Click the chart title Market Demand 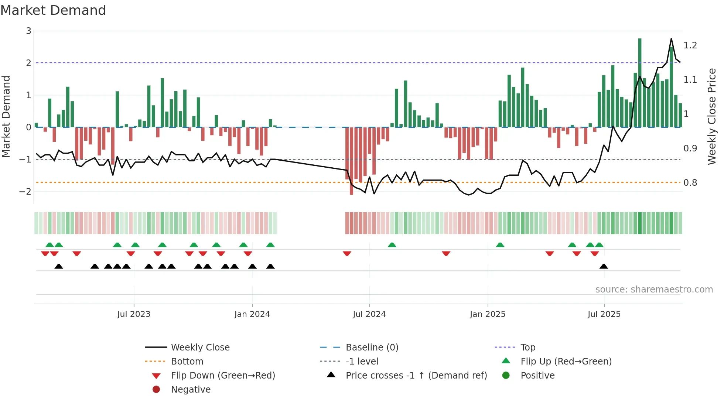[x=53, y=10]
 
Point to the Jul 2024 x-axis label [x=369, y=314]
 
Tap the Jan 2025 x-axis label [x=488, y=314]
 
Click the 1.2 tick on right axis [x=690, y=45]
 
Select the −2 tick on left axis [x=25, y=191]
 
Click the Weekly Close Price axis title [x=711, y=116]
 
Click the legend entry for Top [x=528, y=348]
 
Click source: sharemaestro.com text [x=654, y=290]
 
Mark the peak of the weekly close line [x=671, y=39]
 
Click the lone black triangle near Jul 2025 [x=604, y=267]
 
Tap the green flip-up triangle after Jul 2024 [x=392, y=245]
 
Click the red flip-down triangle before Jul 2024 [x=347, y=253]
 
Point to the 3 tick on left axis [x=28, y=31]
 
